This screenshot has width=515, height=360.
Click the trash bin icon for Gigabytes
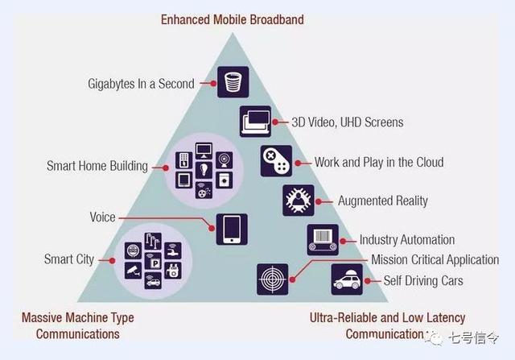pyautogui.click(x=233, y=82)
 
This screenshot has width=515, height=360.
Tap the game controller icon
pyautogui.click(x=276, y=161)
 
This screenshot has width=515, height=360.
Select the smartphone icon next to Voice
pyautogui.click(x=232, y=229)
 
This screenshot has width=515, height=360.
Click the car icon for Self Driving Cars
pyautogui.click(x=347, y=279)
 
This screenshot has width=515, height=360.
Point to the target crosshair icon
pyautogui.click(x=272, y=279)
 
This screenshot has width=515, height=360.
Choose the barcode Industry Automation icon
pyautogui.click(x=323, y=239)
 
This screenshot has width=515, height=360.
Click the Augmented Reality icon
pyautogui.click(x=299, y=200)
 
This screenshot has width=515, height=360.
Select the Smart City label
pyautogui.click(x=69, y=259)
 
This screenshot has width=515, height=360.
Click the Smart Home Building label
pyautogui.click(x=97, y=167)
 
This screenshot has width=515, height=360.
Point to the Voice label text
pyautogui.click(x=102, y=217)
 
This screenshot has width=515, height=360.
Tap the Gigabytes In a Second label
pyautogui.click(x=142, y=83)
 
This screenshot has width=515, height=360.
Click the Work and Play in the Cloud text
pyautogui.click(x=379, y=162)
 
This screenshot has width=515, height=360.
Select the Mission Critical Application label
pyautogui.click(x=435, y=260)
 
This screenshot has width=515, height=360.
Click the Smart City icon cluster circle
pyautogui.click(x=153, y=260)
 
